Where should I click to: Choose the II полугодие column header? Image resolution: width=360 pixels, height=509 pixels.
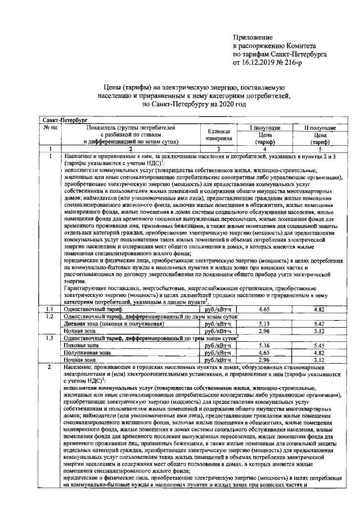(320, 128)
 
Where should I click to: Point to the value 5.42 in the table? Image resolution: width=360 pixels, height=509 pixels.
(320, 324)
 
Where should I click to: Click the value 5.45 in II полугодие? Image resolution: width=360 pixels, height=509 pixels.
(320, 345)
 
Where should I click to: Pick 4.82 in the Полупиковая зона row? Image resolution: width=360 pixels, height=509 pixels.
(320, 352)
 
